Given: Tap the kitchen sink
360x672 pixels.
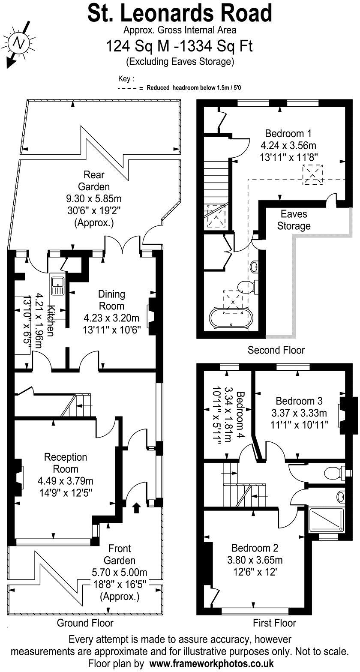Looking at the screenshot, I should click(57, 284).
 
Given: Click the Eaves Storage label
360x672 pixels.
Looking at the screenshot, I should click(294, 219).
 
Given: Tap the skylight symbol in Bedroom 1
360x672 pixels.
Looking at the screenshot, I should click(313, 174).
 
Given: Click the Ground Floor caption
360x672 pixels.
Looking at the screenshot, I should click(85, 623).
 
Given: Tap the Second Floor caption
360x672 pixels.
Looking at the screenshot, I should click(276, 350).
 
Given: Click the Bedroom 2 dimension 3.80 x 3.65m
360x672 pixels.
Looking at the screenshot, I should click(255, 560).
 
